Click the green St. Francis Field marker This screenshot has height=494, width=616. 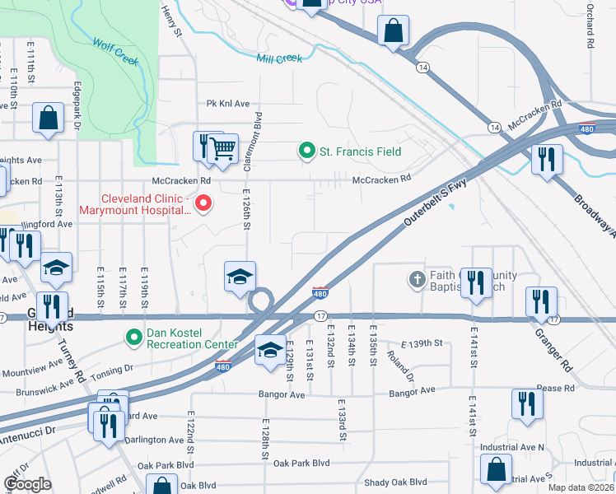pyautogui.click(x=307, y=151)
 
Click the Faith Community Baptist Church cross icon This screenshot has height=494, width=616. pyautogui.click(x=418, y=281)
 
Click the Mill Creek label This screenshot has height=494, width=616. pyautogui.click(x=279, y=58)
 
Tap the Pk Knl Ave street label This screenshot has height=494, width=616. pyautogui.click(x=227, y=104)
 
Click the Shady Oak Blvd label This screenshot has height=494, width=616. pyautogui.click(x=395, y=482)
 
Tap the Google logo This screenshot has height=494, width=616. pyautogui.click(x=27, y=484)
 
